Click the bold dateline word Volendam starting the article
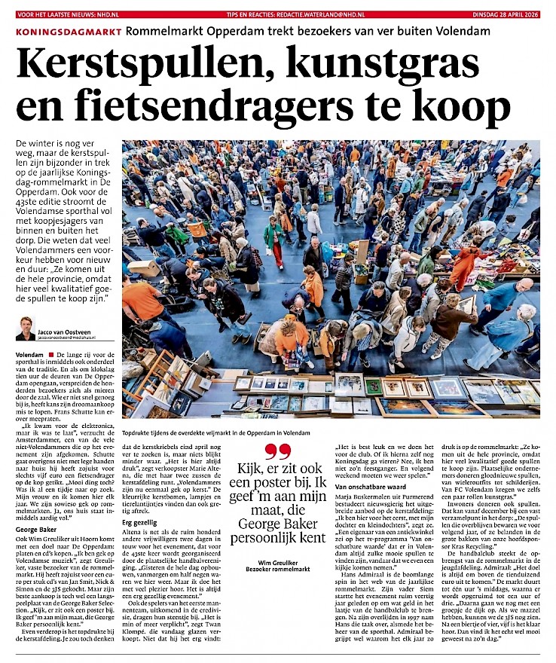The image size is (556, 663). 28,353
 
